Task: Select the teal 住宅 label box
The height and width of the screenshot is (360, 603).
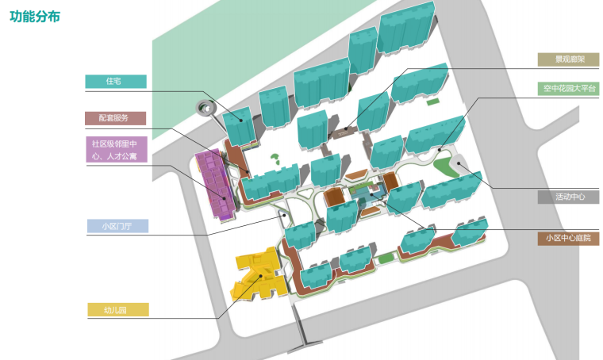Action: pos(116,81)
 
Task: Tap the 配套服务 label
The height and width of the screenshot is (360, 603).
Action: pos(116,118)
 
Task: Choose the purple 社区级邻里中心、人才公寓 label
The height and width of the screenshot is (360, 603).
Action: pos(116,150)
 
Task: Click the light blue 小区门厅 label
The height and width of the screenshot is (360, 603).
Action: pos(116,226)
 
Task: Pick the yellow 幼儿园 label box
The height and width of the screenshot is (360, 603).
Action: pos(116,310)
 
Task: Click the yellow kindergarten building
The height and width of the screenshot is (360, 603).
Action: pos(255,274)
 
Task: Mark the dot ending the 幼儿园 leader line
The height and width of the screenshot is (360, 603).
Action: pos(261,275)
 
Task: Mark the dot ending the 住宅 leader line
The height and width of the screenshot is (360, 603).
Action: pos(237,121)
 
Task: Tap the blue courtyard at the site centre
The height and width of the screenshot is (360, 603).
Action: pos(363,195)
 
